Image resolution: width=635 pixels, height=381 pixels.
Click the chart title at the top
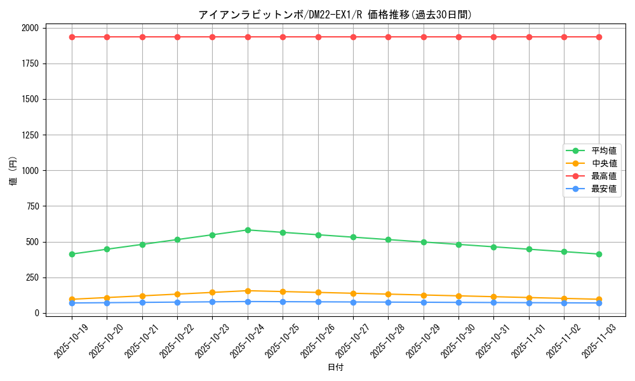click(335, 15)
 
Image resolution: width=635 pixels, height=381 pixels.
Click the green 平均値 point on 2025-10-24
click(248, 230)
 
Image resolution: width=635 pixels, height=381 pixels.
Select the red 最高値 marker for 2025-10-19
click(72, 37)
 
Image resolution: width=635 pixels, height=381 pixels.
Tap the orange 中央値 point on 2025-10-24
click(248, 291)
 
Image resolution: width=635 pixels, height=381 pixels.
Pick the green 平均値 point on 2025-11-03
click(599, 254)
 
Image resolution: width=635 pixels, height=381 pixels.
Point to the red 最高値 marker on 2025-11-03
click(599, 37)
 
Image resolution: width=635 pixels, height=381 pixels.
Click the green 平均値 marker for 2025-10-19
click(72, 254)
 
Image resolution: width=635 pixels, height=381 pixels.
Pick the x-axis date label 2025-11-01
click(529, 340)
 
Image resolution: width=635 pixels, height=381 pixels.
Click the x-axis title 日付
click(335, 368)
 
